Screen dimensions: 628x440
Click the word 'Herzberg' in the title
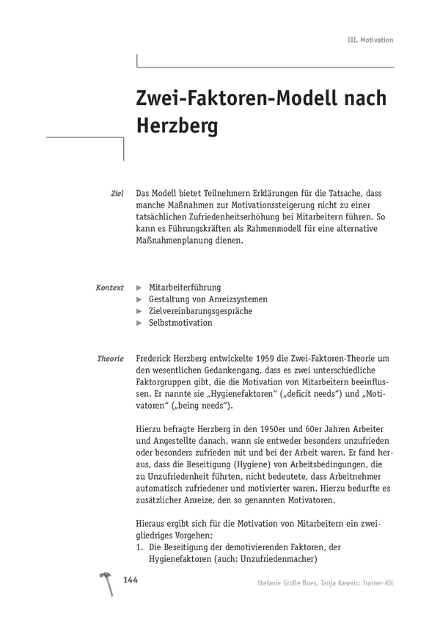point(177,126)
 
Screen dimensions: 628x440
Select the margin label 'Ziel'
point(117,193)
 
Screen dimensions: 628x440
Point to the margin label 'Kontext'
point(110,288)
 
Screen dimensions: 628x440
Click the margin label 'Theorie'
point(111,359)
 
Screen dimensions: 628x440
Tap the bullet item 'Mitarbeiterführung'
point(184,288)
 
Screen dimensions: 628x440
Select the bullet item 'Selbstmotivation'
point(180,323)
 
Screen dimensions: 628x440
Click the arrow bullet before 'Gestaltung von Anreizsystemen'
point(140,299)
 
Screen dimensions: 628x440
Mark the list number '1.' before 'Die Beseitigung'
point(141,547)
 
